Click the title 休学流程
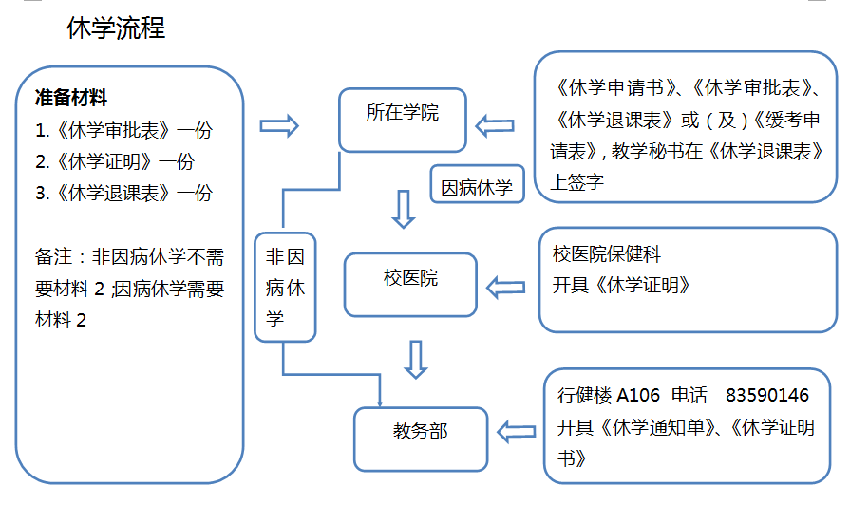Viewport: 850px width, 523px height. (116, 28)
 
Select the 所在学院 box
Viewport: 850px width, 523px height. (403, 119)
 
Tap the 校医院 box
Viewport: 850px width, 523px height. (410, 284)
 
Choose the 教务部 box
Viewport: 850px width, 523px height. (420, 438)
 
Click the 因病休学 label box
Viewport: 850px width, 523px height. (477, 187)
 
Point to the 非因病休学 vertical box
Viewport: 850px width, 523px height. (285, 287)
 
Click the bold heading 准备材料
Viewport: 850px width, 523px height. (71, 97)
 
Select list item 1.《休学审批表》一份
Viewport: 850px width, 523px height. (123, 129)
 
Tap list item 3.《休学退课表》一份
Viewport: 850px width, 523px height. (123, 193)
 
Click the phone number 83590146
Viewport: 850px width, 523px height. (767, 395)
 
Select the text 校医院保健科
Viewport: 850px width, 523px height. (606, 253)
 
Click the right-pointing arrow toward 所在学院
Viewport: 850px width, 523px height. (279, 126)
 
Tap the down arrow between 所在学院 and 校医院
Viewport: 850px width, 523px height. (405, 209)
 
